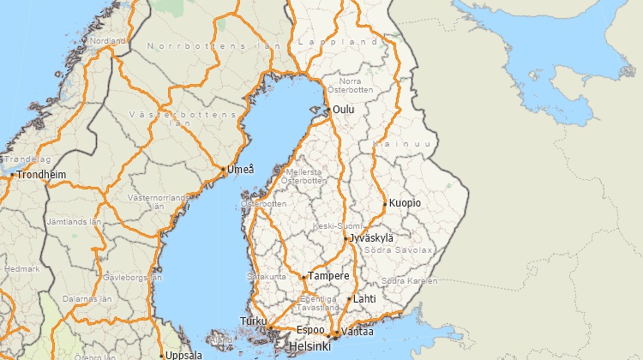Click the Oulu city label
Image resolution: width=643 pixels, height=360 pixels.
[344, 110]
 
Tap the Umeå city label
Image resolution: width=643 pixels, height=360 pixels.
[241, 170]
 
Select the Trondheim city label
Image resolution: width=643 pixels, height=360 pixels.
[42, 175]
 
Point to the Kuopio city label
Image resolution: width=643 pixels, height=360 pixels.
[406, 203]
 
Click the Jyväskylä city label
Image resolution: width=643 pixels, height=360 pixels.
[372, 237]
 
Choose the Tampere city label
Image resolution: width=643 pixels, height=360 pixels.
[329, 276]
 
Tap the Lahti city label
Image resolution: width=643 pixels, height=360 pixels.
[365, 299]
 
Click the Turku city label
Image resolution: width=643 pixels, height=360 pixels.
[254, 321]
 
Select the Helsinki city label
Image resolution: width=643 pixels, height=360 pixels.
[309, 345]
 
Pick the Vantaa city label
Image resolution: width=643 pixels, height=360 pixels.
[358, 331]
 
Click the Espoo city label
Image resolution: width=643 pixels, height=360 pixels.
[310, 330]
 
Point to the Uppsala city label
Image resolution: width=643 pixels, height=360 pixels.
[183, 355]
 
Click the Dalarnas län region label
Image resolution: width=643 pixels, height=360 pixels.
[87, 299]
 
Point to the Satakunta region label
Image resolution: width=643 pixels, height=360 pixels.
[267, 277]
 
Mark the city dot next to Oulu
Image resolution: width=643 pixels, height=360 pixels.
[328, 110]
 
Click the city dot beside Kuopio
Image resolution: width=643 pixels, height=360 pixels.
[385, 203]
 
